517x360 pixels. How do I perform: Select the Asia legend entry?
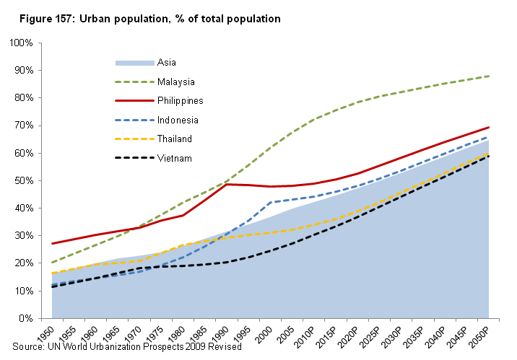click(166, 63)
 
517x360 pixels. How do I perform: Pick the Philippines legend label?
click(180, 100)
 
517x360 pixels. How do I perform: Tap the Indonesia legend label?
click(177, 120)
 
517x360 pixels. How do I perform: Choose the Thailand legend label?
click(175, 139)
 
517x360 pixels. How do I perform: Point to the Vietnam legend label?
click(174, 157)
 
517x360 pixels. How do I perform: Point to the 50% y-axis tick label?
click(25, 181)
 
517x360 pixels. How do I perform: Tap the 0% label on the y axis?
click(27, 318)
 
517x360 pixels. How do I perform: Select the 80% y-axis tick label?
click(25, 98)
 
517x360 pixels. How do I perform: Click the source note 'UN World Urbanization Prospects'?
click(130, 348)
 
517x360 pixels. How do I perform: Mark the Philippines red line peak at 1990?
click(226, 184)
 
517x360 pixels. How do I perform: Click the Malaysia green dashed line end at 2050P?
click(489, 76)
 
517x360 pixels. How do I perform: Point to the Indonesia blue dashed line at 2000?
click(270, 203)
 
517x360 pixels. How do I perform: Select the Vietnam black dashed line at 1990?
click(226, 262)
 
